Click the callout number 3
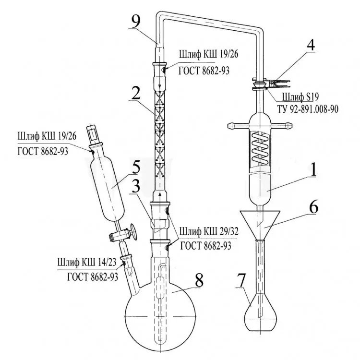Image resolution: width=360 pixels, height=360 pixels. pyautogui.click(x=136, y=186)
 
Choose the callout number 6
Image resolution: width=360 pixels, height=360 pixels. pyautogui.click(x=313, y=207)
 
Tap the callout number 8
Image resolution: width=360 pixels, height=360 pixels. pyautogui.click(x=199, y=280)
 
